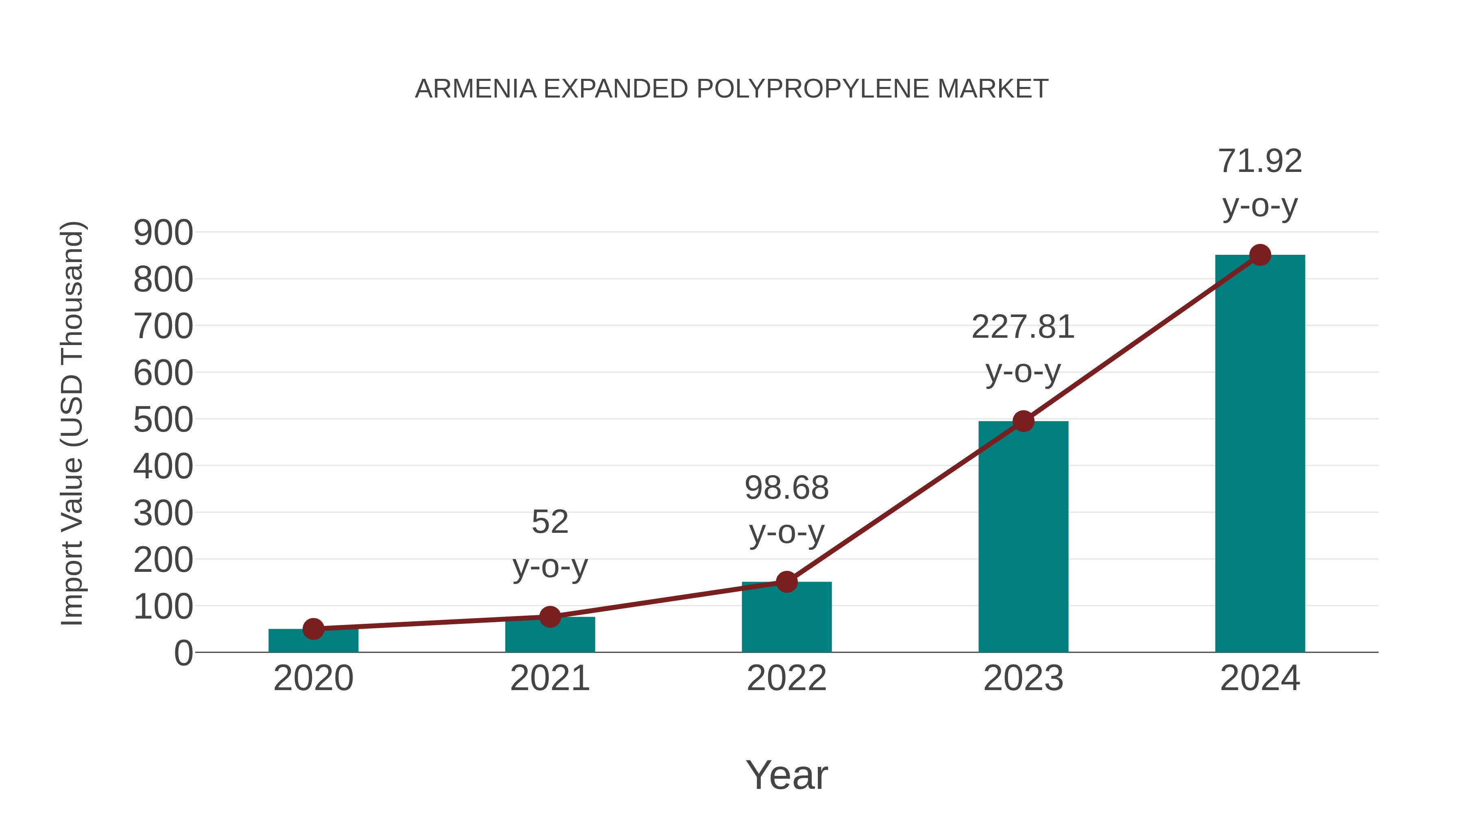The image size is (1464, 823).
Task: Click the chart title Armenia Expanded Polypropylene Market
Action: (732, 89)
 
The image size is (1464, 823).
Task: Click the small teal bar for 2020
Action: (313, 642)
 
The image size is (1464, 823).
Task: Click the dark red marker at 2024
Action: (1259, 255)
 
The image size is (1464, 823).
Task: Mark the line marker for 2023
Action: (1023, 421)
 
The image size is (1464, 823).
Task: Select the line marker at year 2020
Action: (313, 628)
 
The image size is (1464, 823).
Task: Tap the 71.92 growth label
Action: (1259, 161)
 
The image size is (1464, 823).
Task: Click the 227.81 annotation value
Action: (1023, 328)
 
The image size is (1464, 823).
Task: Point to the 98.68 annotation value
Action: (786, 489)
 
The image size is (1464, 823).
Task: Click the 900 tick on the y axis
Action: (163, 233)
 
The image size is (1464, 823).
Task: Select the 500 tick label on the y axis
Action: (163, 420)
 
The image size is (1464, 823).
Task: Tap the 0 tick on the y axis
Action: (183, 653)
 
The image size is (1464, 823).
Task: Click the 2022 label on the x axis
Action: (786, 678)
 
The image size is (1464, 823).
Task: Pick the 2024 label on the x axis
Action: (1259, 678)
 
